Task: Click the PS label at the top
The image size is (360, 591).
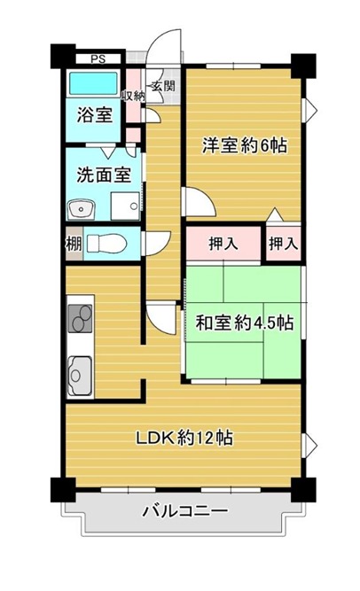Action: pos(98,59)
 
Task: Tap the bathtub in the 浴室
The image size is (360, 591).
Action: pos(93,83)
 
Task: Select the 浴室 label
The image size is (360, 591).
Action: pos(95,114)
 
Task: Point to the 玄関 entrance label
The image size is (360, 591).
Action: pos(163,86)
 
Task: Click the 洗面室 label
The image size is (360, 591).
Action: pos(104,175)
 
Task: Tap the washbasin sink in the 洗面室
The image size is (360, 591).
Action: pos(81,208)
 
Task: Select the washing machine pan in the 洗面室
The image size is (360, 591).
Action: pos(125,206)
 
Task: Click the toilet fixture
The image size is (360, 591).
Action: pos(106,243)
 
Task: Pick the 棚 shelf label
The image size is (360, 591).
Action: pos(74,244)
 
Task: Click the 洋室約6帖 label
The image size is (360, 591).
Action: pos(245,145)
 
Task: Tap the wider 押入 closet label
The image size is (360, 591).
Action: pos(223,244)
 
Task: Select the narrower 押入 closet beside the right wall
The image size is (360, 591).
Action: pos(284,244)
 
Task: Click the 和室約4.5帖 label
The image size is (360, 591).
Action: pos(244,323)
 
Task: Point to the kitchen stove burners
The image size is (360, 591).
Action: pos(80,318)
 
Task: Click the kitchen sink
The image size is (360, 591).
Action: pos(80,376)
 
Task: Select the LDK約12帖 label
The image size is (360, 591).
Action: pos(184,438)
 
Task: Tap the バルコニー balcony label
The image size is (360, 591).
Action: pos(185,511)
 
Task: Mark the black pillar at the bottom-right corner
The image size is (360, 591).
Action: pos(303,490)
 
